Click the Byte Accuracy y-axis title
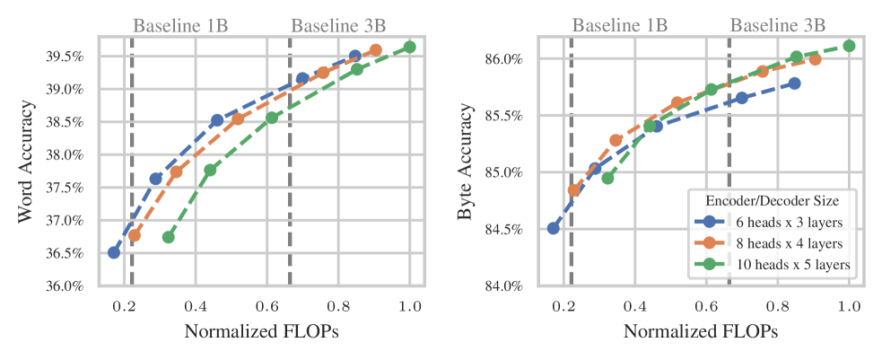[465, 162]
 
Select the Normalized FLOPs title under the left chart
[262, 331]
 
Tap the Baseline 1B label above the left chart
[180, 25]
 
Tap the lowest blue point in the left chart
[114, 252]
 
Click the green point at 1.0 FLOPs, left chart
[410, 47]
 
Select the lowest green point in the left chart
[168, 237]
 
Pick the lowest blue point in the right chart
[554, 228]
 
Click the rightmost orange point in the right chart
[815, 59]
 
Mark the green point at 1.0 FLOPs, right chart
[849, 46]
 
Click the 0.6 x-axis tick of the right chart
[707, 306]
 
